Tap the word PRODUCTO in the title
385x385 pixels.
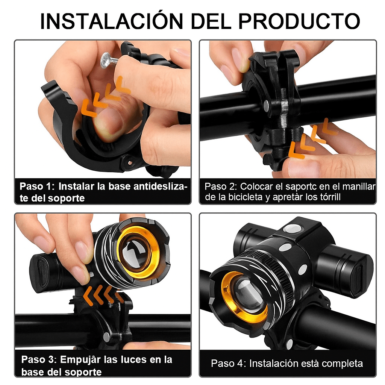tap(299, 21)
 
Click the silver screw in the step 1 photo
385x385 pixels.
tap(109, 60)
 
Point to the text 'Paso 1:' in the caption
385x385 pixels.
tap(37, 186)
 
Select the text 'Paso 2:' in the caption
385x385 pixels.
tap(221, 186)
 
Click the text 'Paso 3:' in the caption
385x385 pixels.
tap(39, 359)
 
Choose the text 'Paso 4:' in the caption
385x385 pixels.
tap(228, 364)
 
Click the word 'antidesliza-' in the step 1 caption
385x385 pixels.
tap(161, 186)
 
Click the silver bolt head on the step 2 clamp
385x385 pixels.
tap(267, 105)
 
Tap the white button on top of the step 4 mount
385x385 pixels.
tap(292, 229)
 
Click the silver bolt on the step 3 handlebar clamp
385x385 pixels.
tap(106, 336)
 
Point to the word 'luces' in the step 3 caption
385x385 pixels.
tap(136, 359)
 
